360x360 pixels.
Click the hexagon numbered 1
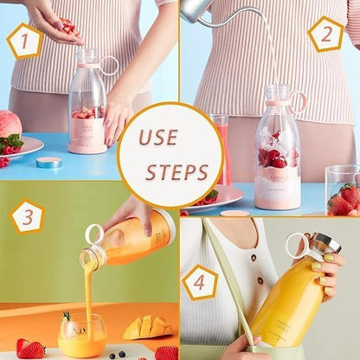pos(24,41)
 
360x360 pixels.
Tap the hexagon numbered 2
pos(325,35)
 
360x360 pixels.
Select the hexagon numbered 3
pos(28,216)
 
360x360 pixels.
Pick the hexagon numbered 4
pos(201,282)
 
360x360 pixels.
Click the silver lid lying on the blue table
pos(48,162)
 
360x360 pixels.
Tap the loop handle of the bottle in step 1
pos(109,65)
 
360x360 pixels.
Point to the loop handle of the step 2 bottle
pos(298,101)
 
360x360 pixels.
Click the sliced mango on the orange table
pos(145,327)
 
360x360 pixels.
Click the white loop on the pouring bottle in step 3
pos(93,234)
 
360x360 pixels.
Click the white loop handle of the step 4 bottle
pos(297,246)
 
